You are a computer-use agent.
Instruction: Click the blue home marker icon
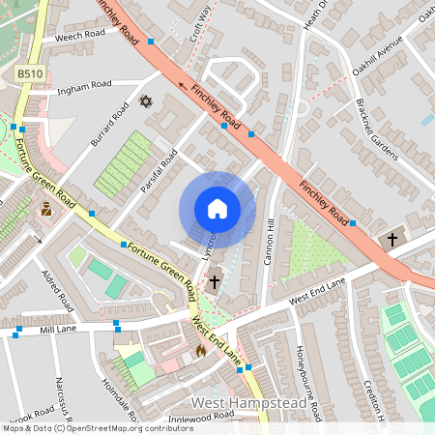pyautogui.click(x=217, y=209)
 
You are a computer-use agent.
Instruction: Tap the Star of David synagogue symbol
pyautogui.click(x=147, y=101)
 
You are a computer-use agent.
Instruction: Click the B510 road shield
pyautogui.click(x=29, y=72)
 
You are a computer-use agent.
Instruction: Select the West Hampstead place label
pyautogui.click(x=255, y=401)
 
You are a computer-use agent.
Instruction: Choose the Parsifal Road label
pyautogui.click(x=159, y=169)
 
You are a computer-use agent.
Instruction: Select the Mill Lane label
pyautogui.click(x=57, y=330)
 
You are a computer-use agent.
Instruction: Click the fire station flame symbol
pyautogui.click(x=201, y=351)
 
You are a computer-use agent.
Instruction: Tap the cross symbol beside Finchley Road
pyautogui.click(x=392, y=238)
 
